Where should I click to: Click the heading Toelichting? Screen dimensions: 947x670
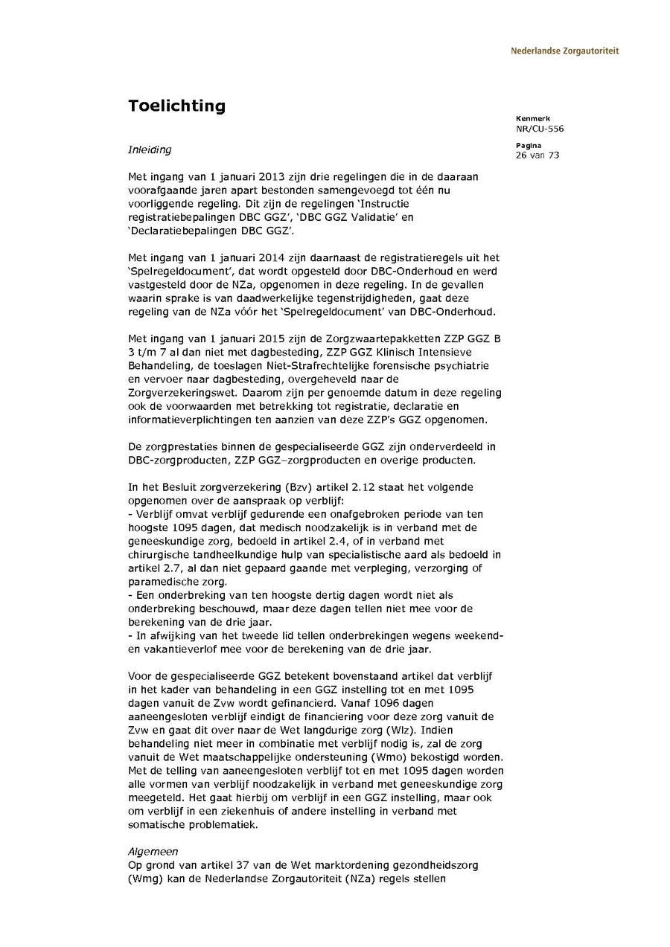point(176,106)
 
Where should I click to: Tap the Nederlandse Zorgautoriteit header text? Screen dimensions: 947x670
point(564,51)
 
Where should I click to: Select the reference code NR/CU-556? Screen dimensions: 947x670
point(539,129)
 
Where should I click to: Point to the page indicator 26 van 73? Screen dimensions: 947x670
point(537,155)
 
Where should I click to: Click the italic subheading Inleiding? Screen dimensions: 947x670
point(149,150)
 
